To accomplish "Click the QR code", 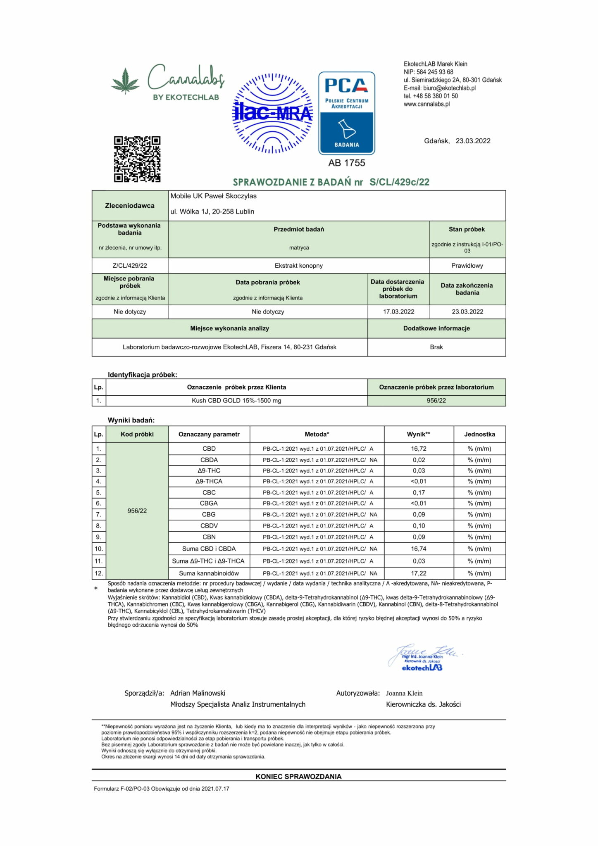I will pyautogui.click(x=137, y=159).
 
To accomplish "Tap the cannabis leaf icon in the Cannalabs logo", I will pyautogui.click(x=126, y=81).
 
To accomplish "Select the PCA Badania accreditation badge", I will pyautogui.click(x=346, y=113).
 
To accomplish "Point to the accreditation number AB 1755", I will pyautogui.click(x=346, y=163).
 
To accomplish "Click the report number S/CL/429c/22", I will pyautogui.click(x=399, y=182).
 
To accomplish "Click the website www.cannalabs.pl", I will pyautogui.click(x=426, y=104).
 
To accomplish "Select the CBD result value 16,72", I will pyautogui.click(x=419, y=449).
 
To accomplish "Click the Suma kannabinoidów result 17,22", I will pyautogui.click(x=419, y=573).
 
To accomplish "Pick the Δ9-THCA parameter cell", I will pyautogui.click(x=209, y=481).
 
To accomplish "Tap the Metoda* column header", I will pyautogui.click(x=317, y=434).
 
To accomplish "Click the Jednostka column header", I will pyautogui.click(x=479, y=434).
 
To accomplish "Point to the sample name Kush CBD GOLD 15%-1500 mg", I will pyautogui.click(x=236, y=401).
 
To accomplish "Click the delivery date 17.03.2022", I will pyautogui.click(x=398, y=312).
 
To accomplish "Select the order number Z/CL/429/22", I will pyautogui.click(x=130, y=266).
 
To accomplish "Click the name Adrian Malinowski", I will pyautogui.click(x=198, y=693).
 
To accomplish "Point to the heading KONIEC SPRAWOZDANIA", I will pyautogui.click(x=298, y=777).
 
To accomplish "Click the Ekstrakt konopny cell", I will pyautogui.click(x=299, y=266).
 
